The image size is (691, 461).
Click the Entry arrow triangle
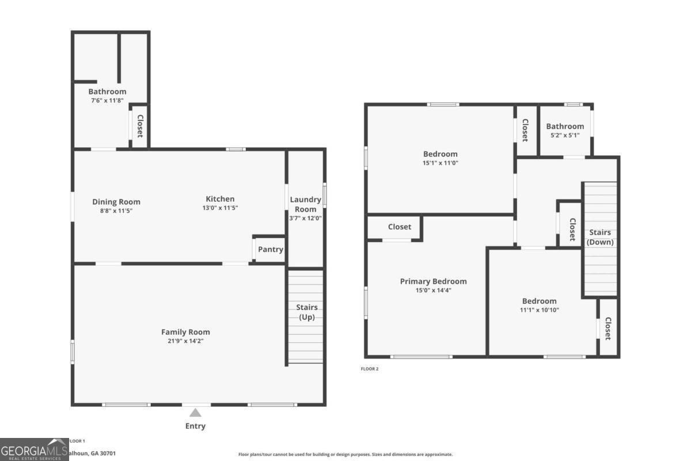[196, 413]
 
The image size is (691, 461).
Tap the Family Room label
[185, 332]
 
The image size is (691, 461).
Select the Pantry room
[270, 250]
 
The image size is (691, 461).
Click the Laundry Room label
[305, 204]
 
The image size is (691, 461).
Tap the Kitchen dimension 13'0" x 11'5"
[220, 208]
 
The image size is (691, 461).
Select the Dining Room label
[116, 202]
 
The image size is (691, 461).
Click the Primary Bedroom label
[433, 281]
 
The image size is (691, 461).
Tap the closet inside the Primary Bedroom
[399, 227]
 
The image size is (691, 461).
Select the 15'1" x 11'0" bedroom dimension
[441, 163]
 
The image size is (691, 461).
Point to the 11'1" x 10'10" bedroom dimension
[540, 310]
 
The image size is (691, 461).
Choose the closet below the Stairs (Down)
[608, 328]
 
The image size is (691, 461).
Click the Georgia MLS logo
[34, 449]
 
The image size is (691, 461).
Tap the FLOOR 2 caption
[369, 369]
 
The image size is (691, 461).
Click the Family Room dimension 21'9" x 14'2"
[185, 341]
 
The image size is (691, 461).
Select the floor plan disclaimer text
[345, 455]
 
